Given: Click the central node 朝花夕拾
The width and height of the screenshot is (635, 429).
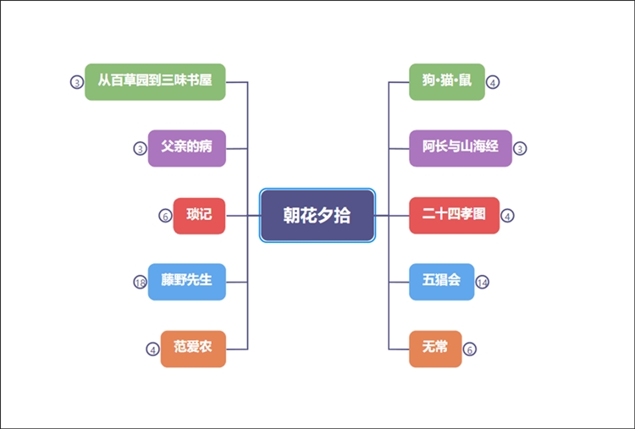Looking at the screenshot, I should (317, 215).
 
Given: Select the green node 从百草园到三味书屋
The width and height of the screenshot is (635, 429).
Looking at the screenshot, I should (155, 81).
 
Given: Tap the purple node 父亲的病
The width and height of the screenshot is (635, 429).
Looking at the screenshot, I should (187, 147).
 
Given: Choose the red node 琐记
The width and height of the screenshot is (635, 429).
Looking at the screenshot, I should (199, 215).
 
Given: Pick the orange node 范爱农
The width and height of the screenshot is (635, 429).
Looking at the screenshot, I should (193, 349).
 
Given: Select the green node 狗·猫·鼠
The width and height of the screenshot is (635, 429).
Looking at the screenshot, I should (447, 81).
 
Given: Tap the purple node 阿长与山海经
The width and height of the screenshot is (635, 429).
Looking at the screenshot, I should (461, 147).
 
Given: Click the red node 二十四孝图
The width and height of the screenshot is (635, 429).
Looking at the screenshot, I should (455, 215).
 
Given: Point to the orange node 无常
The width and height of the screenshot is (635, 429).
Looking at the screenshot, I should (435, 349).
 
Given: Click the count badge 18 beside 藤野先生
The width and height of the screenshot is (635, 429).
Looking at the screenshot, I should (141, 282).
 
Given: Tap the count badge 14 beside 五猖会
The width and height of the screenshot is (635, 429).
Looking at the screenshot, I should (483, 282).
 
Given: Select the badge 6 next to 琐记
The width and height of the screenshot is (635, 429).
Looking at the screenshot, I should (165, 215).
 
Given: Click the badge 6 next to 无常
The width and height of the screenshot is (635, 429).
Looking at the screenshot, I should (470, 349).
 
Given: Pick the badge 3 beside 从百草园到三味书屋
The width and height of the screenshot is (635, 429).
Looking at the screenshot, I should (76, 82).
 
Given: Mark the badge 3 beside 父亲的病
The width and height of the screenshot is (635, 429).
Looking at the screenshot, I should (141, 148).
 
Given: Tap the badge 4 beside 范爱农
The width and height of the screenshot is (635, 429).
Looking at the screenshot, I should (152, 349).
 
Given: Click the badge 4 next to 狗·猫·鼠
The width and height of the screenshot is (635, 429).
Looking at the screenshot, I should (493, 82).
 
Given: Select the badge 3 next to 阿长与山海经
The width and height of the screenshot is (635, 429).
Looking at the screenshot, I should (520, 148).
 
